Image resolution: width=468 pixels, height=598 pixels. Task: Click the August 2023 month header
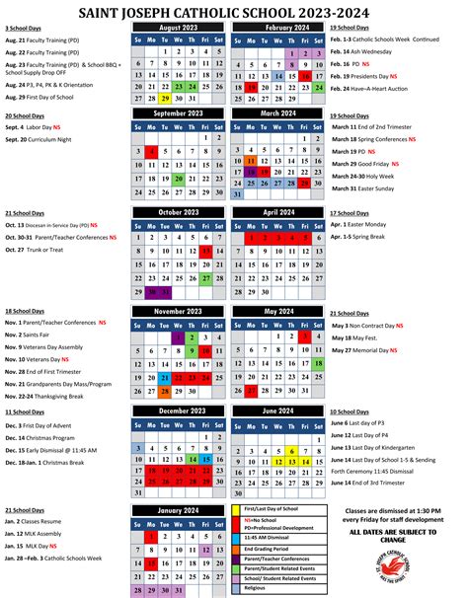tap(178, 29)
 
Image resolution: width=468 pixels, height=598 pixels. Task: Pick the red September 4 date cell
tap(152, 152)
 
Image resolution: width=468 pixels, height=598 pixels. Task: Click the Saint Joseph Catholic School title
tap(233, 9)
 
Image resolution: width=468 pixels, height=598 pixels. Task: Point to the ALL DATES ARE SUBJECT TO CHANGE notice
tap(399, 536)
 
